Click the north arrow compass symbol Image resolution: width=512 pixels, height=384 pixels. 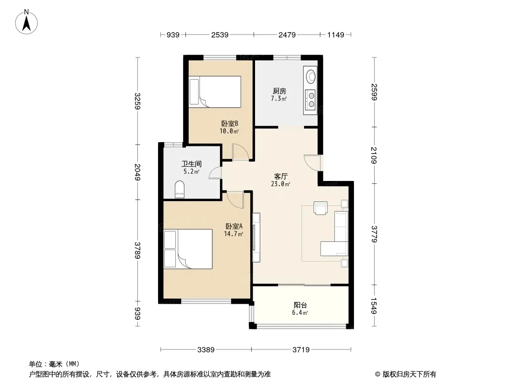tap(26, 22)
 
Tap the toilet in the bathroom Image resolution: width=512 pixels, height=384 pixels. tap(180, 189)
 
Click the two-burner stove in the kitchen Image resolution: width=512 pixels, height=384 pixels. tap(310, 99)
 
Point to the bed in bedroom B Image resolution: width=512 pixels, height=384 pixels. tap(215, 92)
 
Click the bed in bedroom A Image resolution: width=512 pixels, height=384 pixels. tap(188, 249)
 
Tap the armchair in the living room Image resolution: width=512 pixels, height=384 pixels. tap(320, 208)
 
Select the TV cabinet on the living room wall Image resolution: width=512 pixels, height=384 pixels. tap(256, 238)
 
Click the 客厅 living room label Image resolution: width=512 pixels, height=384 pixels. tap(280, 177)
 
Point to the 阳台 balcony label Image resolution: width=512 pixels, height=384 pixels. tap(300, 305)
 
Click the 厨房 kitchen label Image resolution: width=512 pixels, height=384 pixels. tap(280, 91)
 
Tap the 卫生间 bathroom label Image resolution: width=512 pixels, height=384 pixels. tap(191, 164)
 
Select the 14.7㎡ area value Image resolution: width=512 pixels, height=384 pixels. tap(233, 234)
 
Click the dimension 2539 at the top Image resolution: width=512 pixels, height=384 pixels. tap(220, 35)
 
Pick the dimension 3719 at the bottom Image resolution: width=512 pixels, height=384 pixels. tap(301, 350)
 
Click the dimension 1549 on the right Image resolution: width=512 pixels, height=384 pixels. tap(374, 306)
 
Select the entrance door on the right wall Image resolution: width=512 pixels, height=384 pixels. tap(313, 162)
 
